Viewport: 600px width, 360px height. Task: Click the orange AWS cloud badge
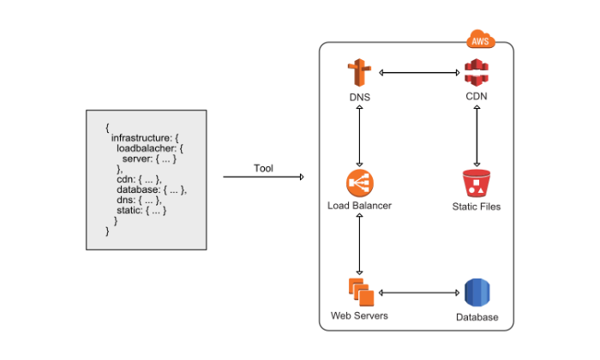pos(481,39)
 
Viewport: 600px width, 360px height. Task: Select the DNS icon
pos(359,74)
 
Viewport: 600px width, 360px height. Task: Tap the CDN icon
pos(476,74)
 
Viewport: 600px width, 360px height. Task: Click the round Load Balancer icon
pos(359,183)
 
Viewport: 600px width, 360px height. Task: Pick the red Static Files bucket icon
pos(476,183)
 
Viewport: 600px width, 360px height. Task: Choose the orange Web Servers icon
pos(360,292)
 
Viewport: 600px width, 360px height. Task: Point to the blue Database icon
pos(477,292)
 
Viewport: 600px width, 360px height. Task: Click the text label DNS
pos(359,98)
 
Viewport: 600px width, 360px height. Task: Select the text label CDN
pos(476,96)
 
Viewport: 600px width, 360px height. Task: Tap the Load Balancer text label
pos(359,207)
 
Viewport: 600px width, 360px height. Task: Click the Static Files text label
pos(476,207)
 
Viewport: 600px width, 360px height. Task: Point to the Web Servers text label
pos(359,315)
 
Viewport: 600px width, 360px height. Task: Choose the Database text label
pos(477,317)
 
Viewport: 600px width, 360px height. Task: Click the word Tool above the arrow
pos(263,168)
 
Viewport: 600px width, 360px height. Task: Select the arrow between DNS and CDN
pos(417,74)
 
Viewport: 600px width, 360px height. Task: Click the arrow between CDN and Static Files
pos(476,135)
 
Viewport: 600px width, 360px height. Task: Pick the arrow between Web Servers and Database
pos(417,292)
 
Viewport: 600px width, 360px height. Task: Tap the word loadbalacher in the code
pos(147,147)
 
